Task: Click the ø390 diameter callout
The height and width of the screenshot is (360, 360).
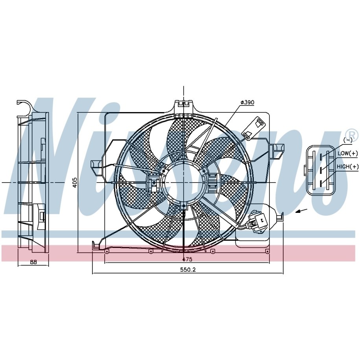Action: click(247, 102)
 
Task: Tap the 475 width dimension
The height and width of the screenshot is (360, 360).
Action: click(187, 259)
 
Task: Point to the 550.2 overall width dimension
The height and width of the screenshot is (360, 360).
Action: click(188, 270)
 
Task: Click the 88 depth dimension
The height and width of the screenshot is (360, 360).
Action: click(33, 262)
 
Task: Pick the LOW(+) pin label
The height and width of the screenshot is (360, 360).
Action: click(347, 153)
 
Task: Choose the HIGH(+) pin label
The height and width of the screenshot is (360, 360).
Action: click(347, 166)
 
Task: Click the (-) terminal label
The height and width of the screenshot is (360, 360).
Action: click(348, 140)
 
